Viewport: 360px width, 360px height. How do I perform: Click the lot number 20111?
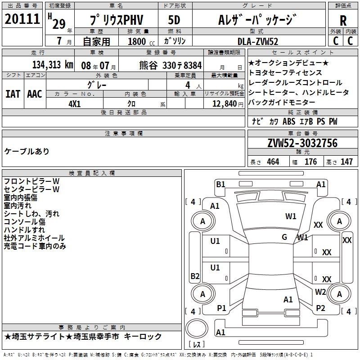pyautogui.click(x=22, y=20)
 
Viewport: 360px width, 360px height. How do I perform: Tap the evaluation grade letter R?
pyautogui.click(x=343, y=21)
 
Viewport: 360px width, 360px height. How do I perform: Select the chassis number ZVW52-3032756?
pyautogui.click(x=302, y=144)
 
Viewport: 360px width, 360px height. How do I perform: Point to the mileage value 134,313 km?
pyautogui.click(x=53, y=65)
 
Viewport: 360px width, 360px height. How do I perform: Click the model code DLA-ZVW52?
pyautogui.click(x=258, y=41)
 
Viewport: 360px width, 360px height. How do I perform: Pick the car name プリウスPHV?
pyautogui.click(x=116, y=21)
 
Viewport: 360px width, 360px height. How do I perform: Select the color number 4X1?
pyautogui.click(x=74, y=103)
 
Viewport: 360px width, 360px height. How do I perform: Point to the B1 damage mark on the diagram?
pyautogui.click(x=220, y=184)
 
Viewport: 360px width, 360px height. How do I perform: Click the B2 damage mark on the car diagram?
pyautogui.click(x=195, y=276)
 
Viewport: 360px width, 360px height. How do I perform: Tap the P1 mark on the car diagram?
pyautogui.click(x=221, y=308)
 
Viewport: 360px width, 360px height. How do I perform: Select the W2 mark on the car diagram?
pyautogui.click(x=320, y=292)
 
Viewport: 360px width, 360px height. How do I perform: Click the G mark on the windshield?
pyautogui.click(x=284, y=237)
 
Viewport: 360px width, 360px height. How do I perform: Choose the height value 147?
pyautogui.click(x=346, y=162)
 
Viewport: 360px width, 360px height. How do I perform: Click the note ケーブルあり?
pyautogui.click(x=27, y=151)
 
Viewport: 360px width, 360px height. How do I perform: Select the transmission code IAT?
pyautogui.click(x=13, y=94)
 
